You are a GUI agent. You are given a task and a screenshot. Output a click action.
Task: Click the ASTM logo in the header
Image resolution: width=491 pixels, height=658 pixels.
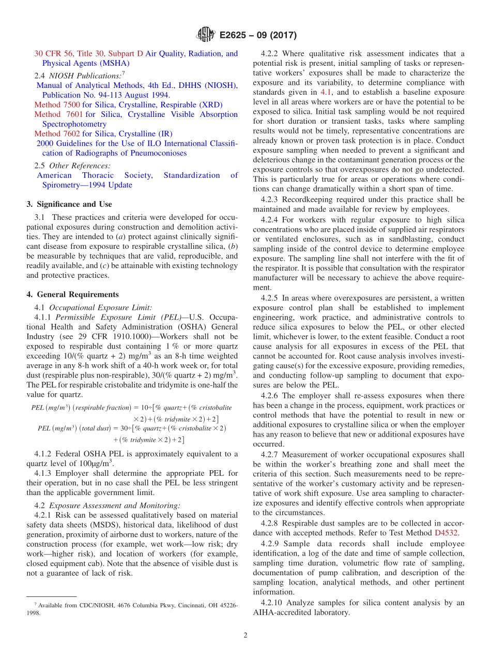[206, 35]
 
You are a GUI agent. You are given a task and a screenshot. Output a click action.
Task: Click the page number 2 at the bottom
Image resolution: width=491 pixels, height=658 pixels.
[245, 635]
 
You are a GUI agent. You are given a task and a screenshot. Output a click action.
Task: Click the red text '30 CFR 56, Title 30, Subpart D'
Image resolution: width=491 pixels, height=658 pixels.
[88, 53]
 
